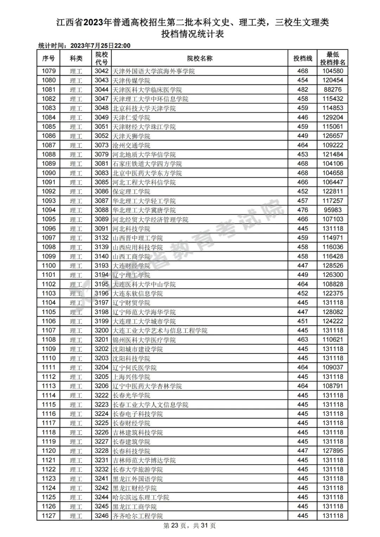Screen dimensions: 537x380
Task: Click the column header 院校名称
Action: click(199, 58)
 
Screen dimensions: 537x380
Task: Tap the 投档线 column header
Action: click(303, 58)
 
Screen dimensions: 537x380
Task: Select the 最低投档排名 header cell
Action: click(332, 58)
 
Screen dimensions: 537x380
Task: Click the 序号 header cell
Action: click(49, 58)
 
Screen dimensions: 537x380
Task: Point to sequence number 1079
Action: click(49, 71)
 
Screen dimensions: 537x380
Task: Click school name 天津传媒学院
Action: click(131, 81)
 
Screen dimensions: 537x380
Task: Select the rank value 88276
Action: click(332, 90)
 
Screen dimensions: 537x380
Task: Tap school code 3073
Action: click(101, 145)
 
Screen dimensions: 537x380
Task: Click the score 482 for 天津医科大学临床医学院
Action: click(303, 90)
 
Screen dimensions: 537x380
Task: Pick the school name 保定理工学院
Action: click(131, 192)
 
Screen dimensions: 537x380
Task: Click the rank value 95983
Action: click(332, 210)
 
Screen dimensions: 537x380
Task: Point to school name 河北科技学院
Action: click(131, 229)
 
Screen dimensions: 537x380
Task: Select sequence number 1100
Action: click(49, 266)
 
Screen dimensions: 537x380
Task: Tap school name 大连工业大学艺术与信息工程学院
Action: click(160, 331)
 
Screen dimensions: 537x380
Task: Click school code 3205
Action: click(101, 377)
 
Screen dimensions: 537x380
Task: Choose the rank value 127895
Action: click(332, 451)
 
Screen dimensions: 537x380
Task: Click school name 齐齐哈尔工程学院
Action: click(138, 516)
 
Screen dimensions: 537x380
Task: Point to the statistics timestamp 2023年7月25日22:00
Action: click(100, 46)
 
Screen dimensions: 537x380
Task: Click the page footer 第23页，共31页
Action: click(190, 526)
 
